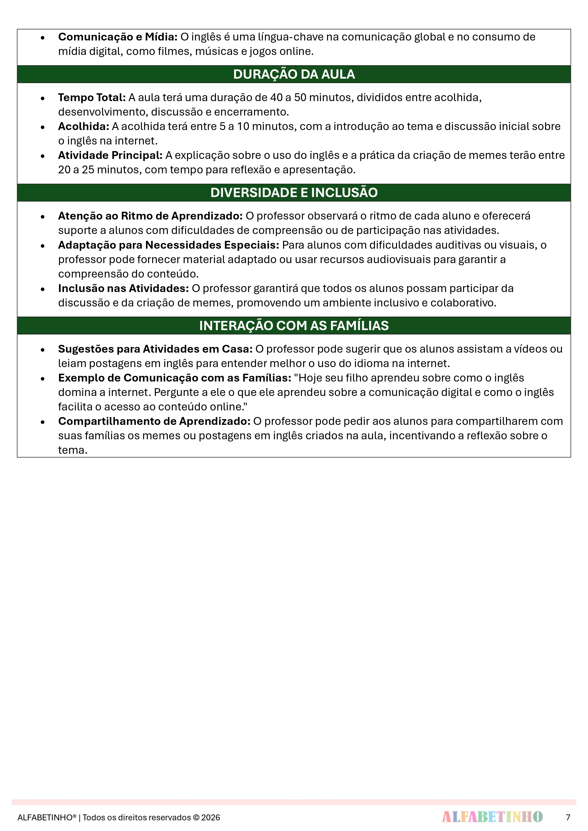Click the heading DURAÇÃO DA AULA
[294, 74]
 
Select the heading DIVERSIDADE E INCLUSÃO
[294, 193]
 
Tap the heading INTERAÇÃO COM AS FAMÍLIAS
[294, 325]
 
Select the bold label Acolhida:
[84, 126]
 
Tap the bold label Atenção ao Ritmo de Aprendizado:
[150, 216]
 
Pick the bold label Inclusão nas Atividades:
[123, 288]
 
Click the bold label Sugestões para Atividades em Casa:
[155, 349]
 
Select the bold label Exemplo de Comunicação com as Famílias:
[175, 378]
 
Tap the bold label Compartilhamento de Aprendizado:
[154, 421]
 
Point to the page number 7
[568, 817]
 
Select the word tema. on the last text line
[73, 450]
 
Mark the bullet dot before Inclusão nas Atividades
[43, 289]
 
